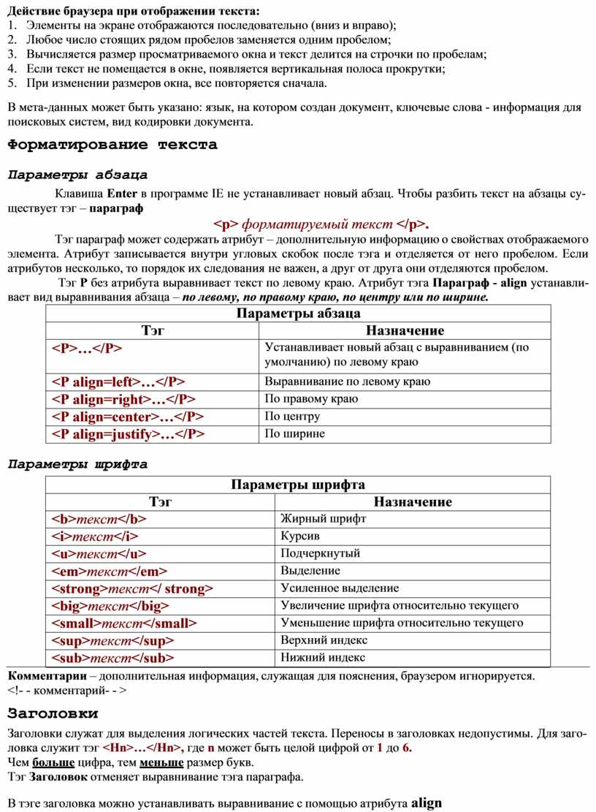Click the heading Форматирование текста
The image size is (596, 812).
coord(112,145)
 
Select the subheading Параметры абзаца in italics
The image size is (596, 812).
coord(77,175)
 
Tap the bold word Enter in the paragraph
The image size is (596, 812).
coord(121,194)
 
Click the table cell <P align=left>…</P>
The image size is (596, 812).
coord(118,382)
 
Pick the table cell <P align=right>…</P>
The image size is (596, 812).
coord(123,399)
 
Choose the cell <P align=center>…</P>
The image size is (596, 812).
coord(127,417)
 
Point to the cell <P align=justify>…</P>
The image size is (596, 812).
coord(128,434)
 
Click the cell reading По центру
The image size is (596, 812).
coord(292,417)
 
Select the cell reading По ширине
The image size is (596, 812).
coord(294,434)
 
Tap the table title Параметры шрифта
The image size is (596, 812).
coord(298,485)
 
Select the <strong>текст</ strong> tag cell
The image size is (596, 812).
coord(132,588)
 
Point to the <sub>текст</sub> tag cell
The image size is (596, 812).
coord(112,658)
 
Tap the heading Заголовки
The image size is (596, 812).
coord(53,712)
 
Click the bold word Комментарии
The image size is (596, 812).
coord(47,676)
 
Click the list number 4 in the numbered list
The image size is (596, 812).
coord(11,69)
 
